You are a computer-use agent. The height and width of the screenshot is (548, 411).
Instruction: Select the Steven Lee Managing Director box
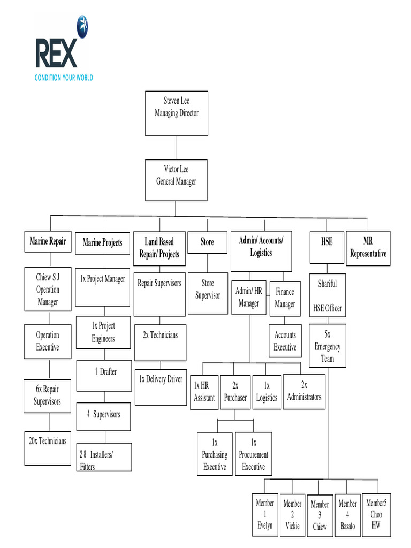pos(176,113)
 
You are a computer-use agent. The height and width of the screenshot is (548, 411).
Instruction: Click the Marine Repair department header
pos(48,242)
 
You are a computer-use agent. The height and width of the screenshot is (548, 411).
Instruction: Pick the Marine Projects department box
pos(102,243)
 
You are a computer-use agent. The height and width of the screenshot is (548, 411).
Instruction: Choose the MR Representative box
pos(368,247)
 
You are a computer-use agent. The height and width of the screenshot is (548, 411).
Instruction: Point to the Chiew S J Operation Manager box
pos(48,290)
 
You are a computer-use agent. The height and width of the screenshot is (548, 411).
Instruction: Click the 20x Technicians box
pos(48,447)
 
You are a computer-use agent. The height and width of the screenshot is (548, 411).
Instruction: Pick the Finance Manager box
pos(285,299)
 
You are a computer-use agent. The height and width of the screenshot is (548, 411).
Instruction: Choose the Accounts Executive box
pos(285,341)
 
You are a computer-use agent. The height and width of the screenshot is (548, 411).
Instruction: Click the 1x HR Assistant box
pos(204,392)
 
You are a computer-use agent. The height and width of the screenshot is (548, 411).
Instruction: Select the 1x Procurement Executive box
pos(254,454)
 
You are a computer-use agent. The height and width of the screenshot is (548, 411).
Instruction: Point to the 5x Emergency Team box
pos(327,345)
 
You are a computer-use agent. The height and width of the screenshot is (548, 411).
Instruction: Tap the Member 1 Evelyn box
pos(265,514)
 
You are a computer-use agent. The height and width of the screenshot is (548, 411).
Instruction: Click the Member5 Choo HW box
pos(376,514)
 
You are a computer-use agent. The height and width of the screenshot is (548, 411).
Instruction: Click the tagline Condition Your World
pos(64,78)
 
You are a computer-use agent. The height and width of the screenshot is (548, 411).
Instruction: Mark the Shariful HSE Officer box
pos(327,295)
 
